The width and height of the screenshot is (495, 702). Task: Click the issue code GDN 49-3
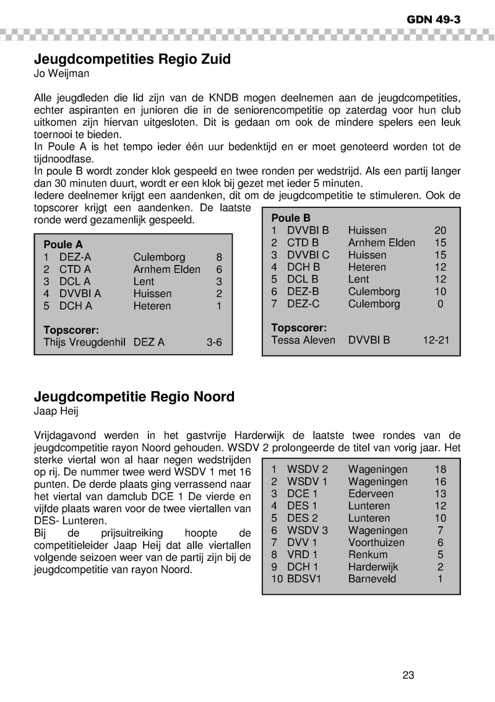pos(433,19)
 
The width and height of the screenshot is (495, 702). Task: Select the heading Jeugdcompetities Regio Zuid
pos(132,59)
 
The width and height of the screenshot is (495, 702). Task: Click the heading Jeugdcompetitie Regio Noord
pos(134,396)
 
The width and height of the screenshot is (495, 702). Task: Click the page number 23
pos(408,675)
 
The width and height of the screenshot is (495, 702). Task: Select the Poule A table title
pos(63,245)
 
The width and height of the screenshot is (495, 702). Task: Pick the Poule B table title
pos(291,218)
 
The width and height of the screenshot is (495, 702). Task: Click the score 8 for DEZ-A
pos(218,257)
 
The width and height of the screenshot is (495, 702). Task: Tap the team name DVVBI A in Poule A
pos(80,293)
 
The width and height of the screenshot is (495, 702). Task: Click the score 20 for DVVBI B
pos(440,230)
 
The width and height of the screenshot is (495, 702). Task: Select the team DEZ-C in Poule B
pos(303,304)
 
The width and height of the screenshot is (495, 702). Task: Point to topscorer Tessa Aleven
pos(303,340)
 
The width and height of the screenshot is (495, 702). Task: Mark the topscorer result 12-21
pos(436,340)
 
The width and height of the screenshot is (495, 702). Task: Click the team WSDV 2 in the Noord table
pos(308,469)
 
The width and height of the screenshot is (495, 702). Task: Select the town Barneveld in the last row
pos(372,579)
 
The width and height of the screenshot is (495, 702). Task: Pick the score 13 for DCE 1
pos(440,493)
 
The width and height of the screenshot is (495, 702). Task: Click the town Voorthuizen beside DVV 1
pos(376,542)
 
